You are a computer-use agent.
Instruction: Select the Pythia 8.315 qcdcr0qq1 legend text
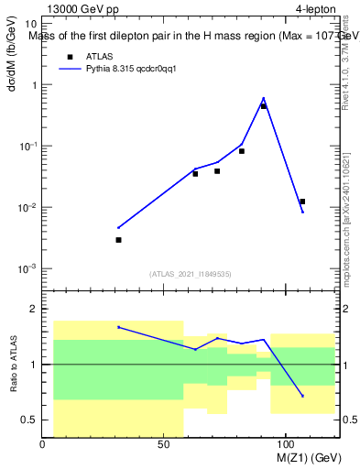pyautogui.click(x=133, y=68)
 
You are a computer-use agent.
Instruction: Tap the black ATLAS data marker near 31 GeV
pyautogui.click(x=118, y=240)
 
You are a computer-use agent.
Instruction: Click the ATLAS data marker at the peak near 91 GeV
pyautogui.click(x=264, y=106)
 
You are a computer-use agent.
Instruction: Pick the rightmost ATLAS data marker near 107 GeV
pyautogui.click(x=302, y=202)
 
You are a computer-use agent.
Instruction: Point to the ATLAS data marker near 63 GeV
pyautogui.click(x=195, y=173)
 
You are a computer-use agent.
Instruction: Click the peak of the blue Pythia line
pyautogui.click(x=264, y=98)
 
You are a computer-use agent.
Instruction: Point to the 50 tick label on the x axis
pyautogui.click(x=163, y=444)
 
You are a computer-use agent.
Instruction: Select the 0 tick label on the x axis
pyautogui.click(x=43, y=444)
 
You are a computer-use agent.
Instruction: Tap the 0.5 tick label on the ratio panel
pyautogui.click(x=29, y=420)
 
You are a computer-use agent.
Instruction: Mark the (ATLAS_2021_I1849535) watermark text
pyautogui.click(x=191, y=273)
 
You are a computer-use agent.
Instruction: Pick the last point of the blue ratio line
pyautogui.click(x=302, y=396)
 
